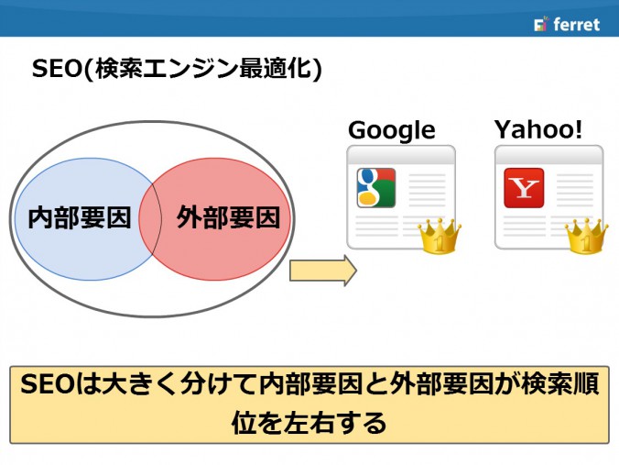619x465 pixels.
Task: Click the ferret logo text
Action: (x=576, y=24)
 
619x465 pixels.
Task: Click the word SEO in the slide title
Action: (x=57, y=68)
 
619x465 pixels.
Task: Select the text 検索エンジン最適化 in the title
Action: (x=203, y=68)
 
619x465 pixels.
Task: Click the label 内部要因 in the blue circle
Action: (x=80, y=217)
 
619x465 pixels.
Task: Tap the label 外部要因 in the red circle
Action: (x=228, y=217)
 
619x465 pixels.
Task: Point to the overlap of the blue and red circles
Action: (x=150, y=218)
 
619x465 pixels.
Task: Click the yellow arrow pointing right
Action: (x=323, y=271)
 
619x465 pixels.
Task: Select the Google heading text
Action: (x=392, y=130)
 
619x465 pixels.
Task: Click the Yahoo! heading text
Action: (x=538, y=129)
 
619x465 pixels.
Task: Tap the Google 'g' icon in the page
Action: (x=376, y=188)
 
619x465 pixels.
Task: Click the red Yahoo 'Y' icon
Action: (x=524, y=188)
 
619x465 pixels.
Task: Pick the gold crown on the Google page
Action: (x=440, y=236)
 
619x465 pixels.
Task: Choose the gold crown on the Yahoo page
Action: (x=587, y=236)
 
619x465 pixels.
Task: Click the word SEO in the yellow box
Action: (x=46, y=384)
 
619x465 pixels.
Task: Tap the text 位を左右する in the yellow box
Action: (x=309, y=423)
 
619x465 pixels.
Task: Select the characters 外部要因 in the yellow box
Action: (x=441, y=384)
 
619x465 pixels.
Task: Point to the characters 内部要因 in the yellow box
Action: (x=310, y=384)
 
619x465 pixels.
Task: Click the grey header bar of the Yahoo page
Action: (x=549, y=154)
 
